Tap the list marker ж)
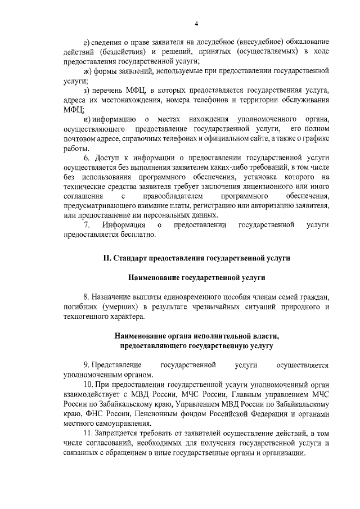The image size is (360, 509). click(86, 72)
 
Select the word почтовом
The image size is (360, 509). click(80, 139)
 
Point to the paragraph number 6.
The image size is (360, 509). click(86, 158)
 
